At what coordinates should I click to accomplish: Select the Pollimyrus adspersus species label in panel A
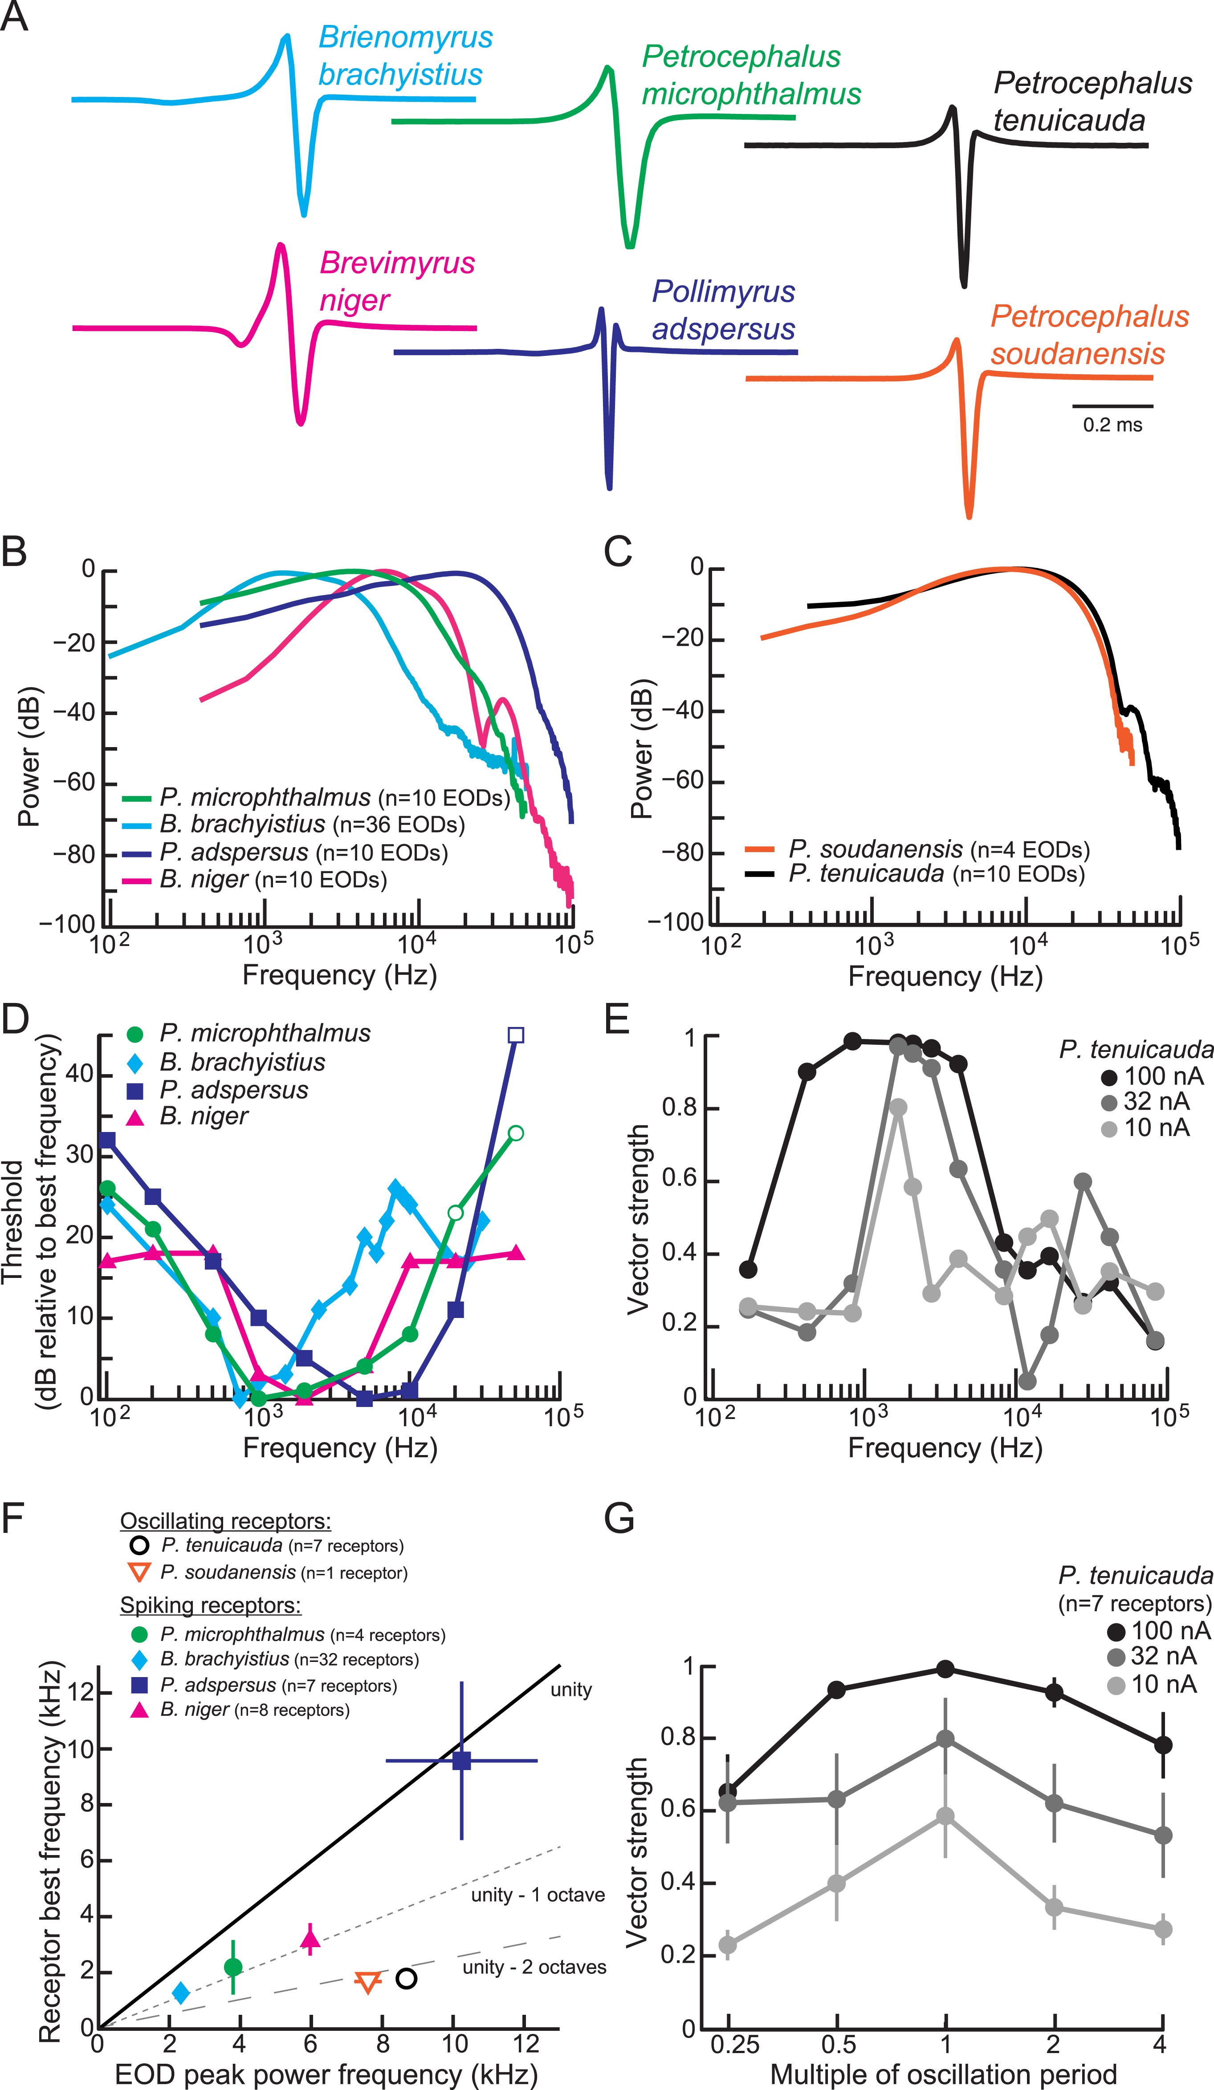point(723,310)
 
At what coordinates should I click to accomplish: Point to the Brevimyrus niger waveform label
point(397,281)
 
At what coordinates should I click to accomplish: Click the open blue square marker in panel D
point(515,1035)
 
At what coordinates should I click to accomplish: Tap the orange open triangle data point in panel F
point(367,1982)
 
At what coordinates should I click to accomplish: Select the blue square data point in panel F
point(461,1761)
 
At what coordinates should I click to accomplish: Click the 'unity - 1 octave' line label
point(538,1895)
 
